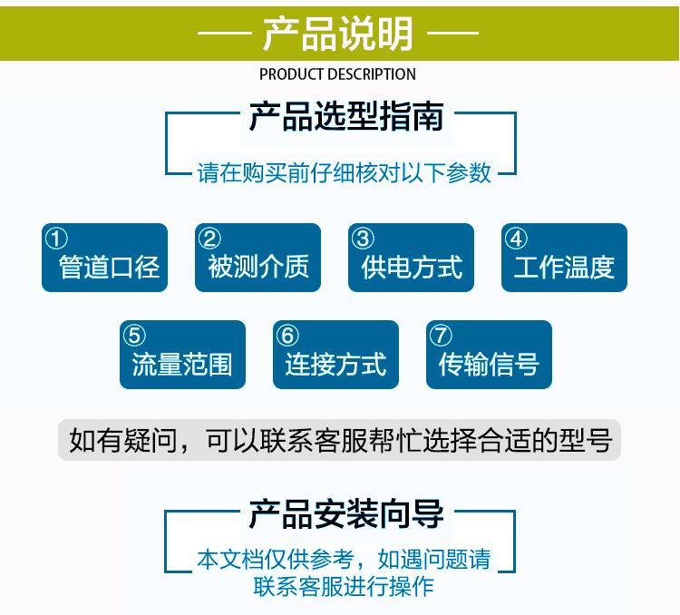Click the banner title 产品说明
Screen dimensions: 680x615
(x=337, y=34)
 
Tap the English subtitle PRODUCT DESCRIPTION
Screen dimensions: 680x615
(x=337, y=74)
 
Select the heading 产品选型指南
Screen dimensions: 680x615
(x=346, y=116)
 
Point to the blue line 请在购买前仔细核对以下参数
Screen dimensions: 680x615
(x=344, y=172)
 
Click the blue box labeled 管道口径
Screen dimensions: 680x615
(x=104, y=258)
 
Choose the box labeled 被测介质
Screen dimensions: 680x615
(x=257, y=258)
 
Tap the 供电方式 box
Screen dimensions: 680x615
(x=411, y=258)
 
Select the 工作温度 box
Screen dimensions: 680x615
(x=564, y=258)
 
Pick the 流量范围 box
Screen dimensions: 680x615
(x=182, y=355)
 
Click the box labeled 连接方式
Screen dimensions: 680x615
(x=335, y=355)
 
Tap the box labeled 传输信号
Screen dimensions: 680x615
(x=490, y=355)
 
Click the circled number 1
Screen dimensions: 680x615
(x=56, y=239)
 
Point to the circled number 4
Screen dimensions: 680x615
(x=516, y=239)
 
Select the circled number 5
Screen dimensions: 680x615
(x=134, y=336)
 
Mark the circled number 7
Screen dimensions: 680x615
(x=441, y=336)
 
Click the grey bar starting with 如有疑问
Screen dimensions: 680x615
(x=340, y=440)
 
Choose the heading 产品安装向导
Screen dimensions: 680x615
(x=346, y=514)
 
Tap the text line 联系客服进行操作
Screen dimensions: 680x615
(x=344, y=587)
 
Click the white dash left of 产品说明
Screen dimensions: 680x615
(x=225, y=33)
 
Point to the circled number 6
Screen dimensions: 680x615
(x=287, y=336)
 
